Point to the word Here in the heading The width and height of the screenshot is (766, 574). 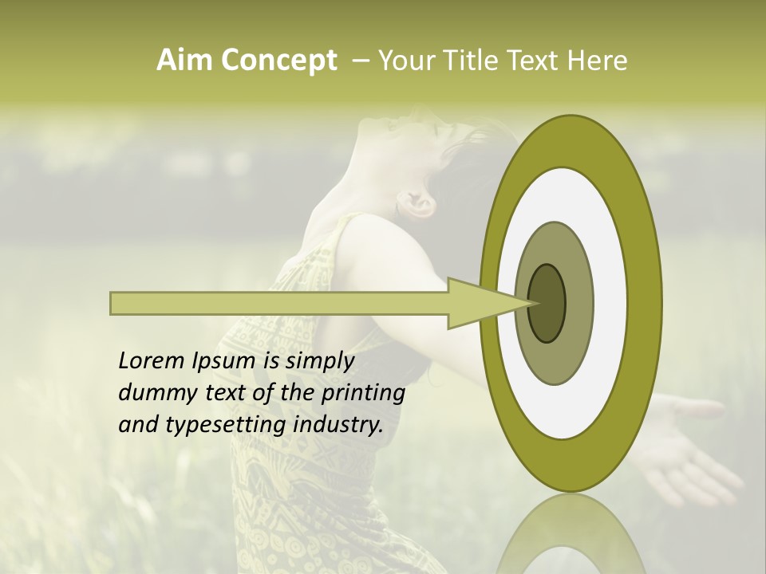(597, 61)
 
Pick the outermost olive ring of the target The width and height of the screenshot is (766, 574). (648, 303)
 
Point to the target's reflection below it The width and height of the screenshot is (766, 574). (571, 538)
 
